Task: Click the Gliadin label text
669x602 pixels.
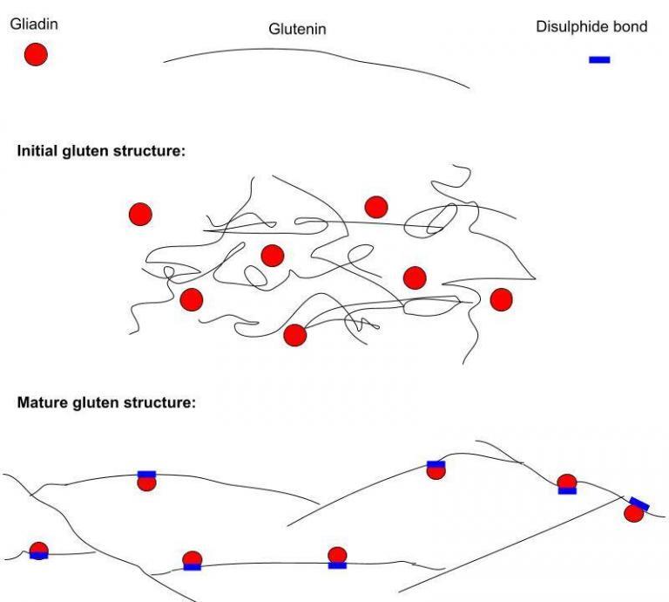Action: pyautogui.click(x=34, y=24)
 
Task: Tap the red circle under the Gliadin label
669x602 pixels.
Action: pyautogui.click(x=36, y=54)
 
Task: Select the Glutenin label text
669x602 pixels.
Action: pyautogui.click(x=297, y=29)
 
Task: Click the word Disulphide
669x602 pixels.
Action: pyautogui.click(x=572, y=26)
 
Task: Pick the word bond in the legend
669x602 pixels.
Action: pyautogui.click(x=631, y=26)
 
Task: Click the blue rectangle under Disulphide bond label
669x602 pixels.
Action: pyautogui.click(x=599, y=60)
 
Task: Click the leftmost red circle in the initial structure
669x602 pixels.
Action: pyautogui.click(x=140, y=214)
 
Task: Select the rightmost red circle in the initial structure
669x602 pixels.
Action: pyautogui.click(x=502, y=299)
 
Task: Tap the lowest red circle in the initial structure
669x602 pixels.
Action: pyautogui.click(x=295, y=335)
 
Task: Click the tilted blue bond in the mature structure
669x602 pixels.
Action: pyautogui.click(x=639, y=504)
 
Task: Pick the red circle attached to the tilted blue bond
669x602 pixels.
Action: pyautogui.click(x=633, y=513)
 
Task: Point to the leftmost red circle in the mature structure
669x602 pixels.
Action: pyautogui.click(x=39, y=550)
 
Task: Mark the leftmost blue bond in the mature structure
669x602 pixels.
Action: pyautogui.click(x=39, y=556)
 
